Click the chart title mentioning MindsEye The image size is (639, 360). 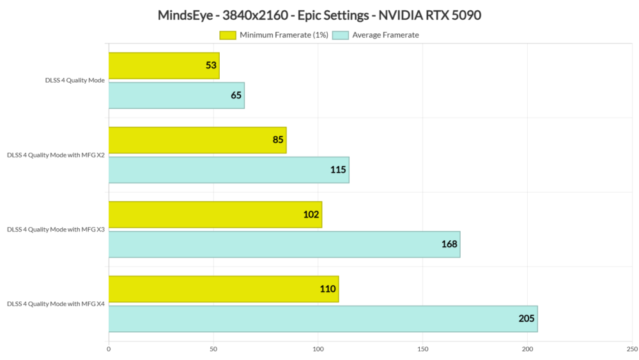pos(319,15)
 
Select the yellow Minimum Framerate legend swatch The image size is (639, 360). pos(228,35)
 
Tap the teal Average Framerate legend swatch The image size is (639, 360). pos(340,35)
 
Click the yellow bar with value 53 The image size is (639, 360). pos(164,66)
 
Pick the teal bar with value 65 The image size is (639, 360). pos(176,95)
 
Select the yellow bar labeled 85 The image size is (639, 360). pos(197,140)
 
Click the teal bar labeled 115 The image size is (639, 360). pos(229,170)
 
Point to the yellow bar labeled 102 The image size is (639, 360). pos(215,214)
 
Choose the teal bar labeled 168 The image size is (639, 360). pos(284,244)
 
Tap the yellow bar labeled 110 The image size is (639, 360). pos(223,289)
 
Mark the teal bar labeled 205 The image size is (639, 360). pos(323,318)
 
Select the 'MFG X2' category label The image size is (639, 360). pos(56,155)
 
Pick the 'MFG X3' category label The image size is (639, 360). pos(56,229)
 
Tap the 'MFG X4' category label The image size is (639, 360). pos(56,304)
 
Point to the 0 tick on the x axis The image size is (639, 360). pos(109,349)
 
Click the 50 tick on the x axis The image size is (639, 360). pos(213,349)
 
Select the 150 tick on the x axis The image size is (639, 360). pos(422,349)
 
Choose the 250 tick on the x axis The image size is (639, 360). pos(631,349)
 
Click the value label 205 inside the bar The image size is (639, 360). pos(526,318)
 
